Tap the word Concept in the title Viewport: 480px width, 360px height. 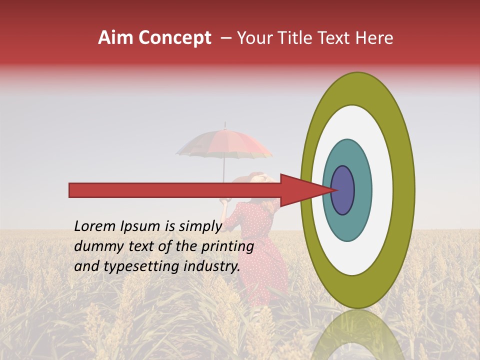175,38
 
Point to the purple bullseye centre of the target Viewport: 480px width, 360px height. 343,190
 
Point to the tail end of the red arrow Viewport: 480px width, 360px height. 70,190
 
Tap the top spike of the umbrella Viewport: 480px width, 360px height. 225,124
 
